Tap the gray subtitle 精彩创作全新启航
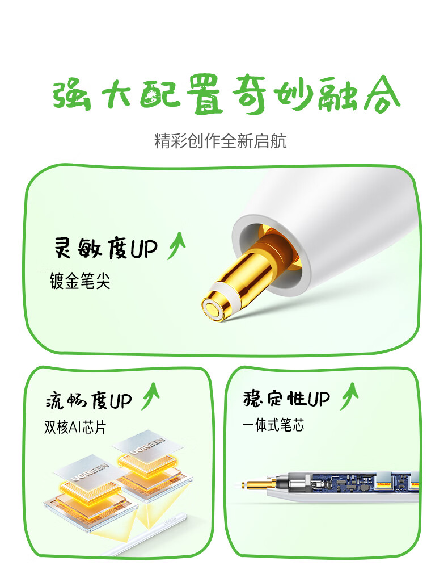coord(220,141)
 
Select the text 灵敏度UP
coord(106,248)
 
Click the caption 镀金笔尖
coord(80,281)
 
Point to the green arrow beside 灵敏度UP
coord(176,245)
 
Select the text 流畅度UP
coord(89,400)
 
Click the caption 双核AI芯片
coord(75,427)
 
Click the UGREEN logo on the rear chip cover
coord(147,446)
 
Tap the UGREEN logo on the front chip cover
coord(88,472)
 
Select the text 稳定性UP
coord(286,399)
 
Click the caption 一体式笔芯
coord(273,425)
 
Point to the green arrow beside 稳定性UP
coord(349,396)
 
